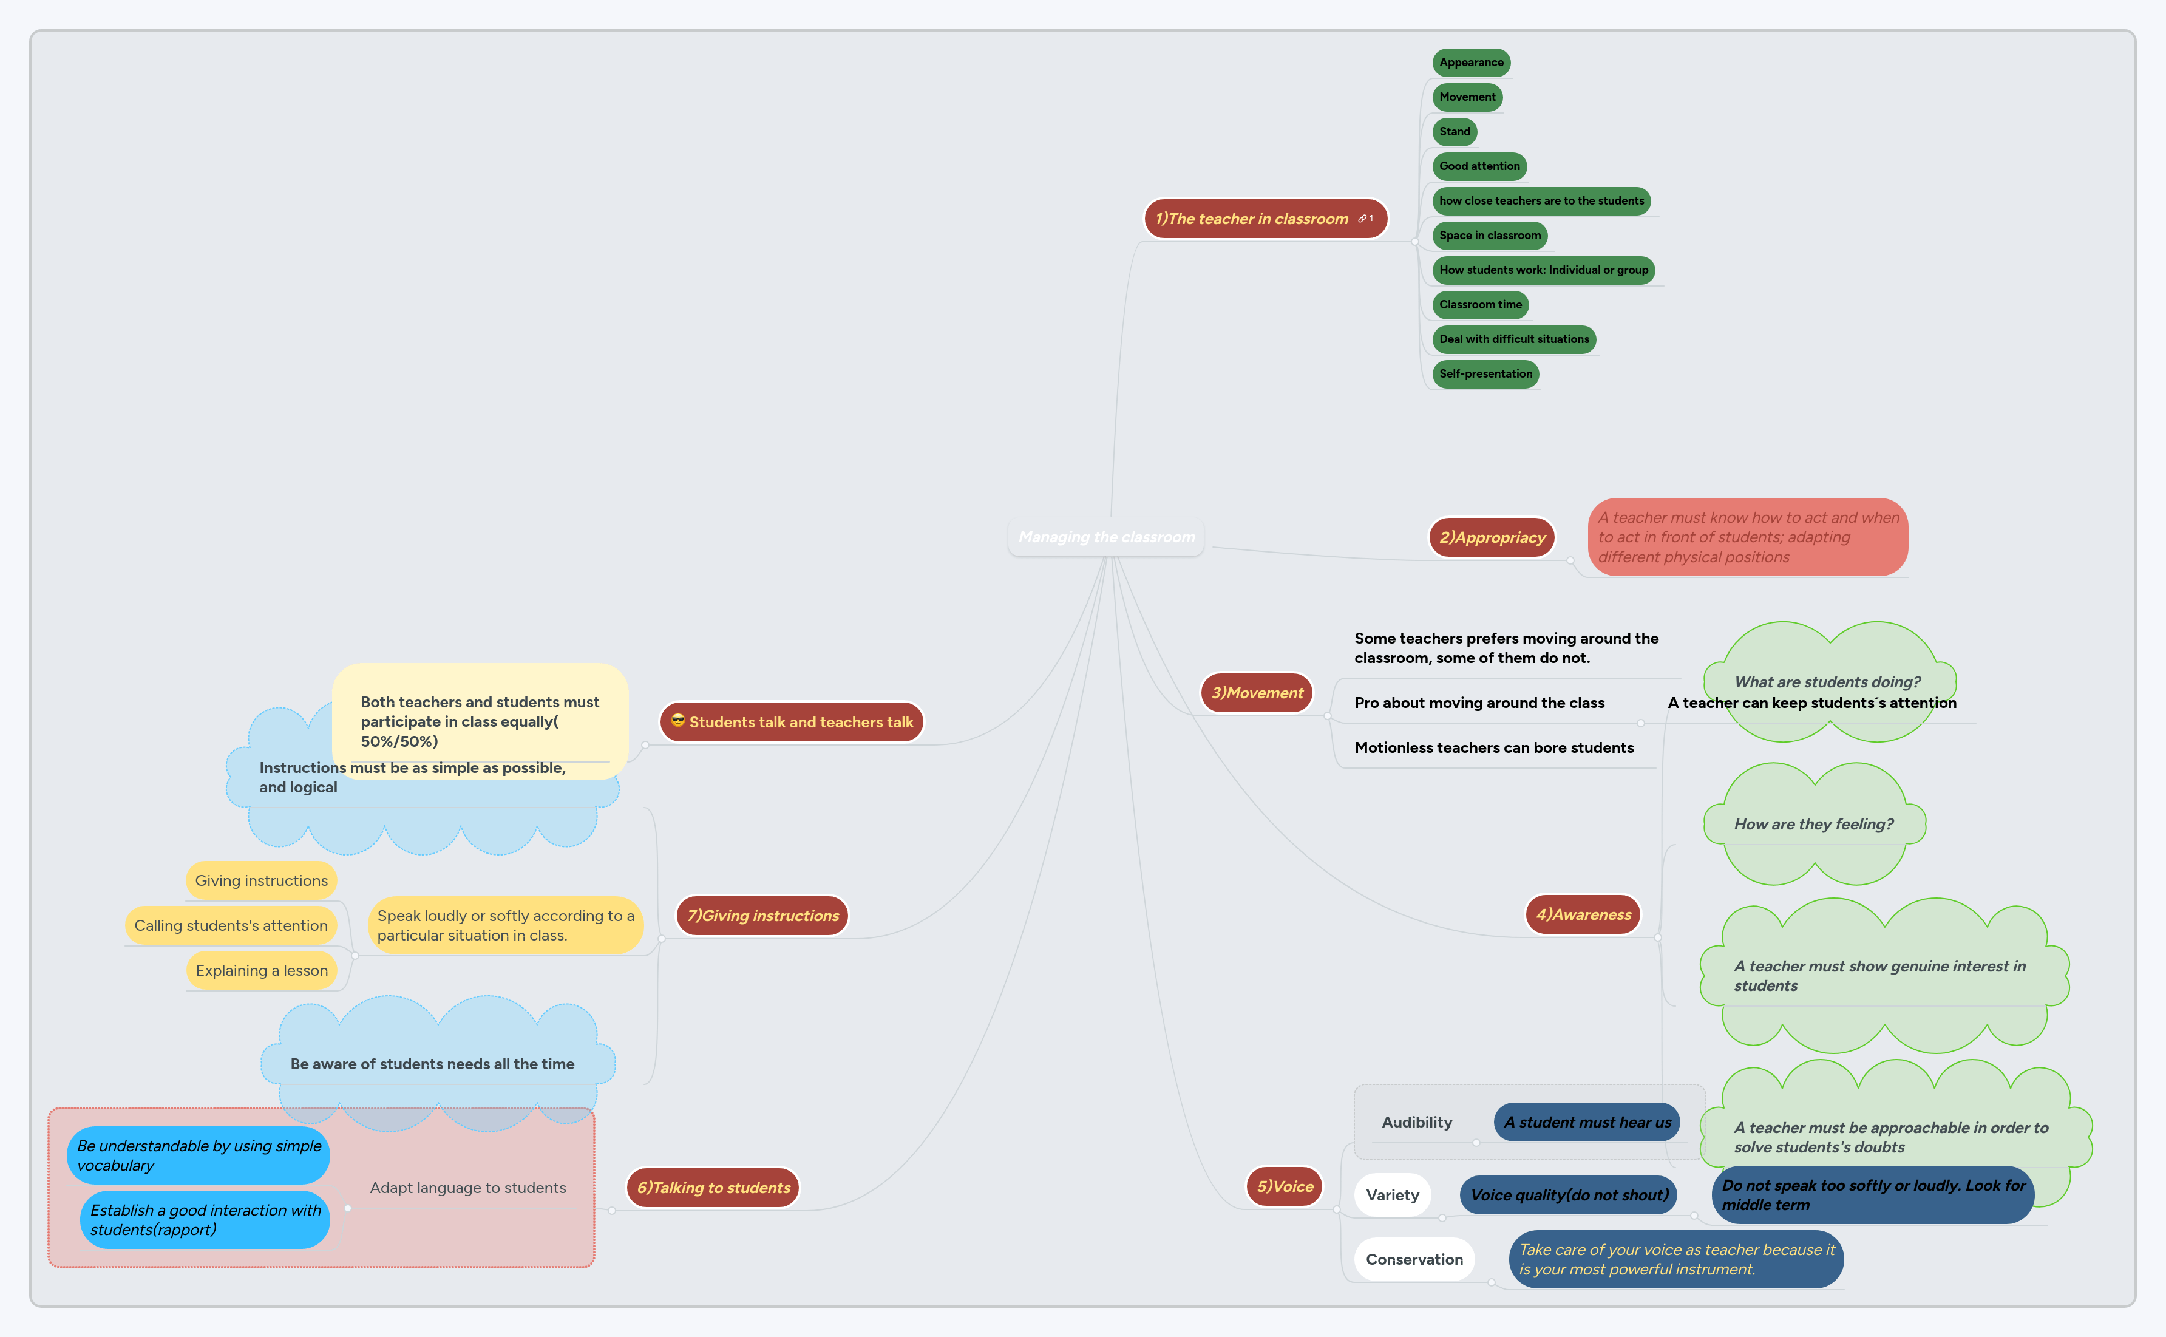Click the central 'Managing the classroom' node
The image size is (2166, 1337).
[1106, 537]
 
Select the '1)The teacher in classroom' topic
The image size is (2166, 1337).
[1252, 219]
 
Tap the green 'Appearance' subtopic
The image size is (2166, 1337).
[1471, 63]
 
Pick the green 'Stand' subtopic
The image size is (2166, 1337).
[1455, 132]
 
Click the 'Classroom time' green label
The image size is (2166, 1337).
[1480, 305]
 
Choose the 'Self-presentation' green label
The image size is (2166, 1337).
[1485, 374]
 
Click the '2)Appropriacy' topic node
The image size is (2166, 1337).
[1492, 537]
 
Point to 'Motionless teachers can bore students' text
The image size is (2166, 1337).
[1493, 748]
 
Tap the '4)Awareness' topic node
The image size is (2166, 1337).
[1583, 915]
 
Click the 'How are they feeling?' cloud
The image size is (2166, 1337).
[1813, 824]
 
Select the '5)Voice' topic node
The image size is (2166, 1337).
[1285, 1186]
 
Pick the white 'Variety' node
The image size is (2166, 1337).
[1393, 1196]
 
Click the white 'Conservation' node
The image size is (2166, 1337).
[1414, 1259]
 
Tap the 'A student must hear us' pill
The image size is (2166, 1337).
[1587, 1122]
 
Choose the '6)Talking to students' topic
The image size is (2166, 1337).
[713, 1188]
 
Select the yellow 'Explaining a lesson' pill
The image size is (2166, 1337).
[262, 971]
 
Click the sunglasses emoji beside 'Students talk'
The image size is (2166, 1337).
[678, 721]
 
